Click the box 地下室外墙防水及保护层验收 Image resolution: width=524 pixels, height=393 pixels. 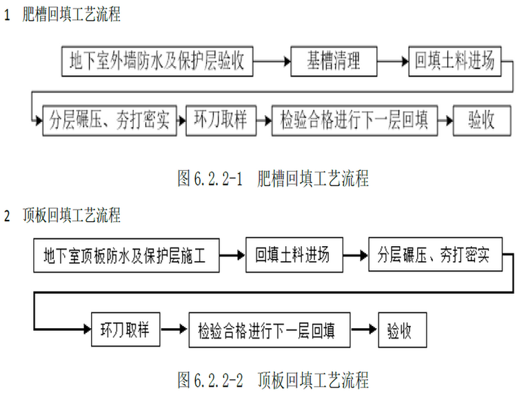click(157, 61)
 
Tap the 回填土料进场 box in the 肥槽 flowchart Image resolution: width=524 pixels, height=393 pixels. click(454, 61)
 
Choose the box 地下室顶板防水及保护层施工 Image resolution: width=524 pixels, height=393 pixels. click(126, 256)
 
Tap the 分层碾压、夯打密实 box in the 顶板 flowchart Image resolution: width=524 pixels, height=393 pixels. click(434, 255)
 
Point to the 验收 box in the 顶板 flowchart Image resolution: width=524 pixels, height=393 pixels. click(399, 330)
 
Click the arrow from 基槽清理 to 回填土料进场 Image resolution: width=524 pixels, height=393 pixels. click(393, 61)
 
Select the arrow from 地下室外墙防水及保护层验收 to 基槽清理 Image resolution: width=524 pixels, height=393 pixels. click(272, 61)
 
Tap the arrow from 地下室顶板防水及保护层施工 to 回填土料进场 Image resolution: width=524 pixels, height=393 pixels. click(232, 256)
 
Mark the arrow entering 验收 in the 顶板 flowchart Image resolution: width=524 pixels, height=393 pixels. click(365, 330)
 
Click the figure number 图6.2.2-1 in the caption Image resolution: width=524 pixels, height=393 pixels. click(210, 180)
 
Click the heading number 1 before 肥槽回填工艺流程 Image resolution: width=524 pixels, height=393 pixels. click(7, 15)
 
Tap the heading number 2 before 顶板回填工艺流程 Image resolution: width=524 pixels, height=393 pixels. click(7, 216)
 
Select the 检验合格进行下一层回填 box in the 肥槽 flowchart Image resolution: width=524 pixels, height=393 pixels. click(354, 121)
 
